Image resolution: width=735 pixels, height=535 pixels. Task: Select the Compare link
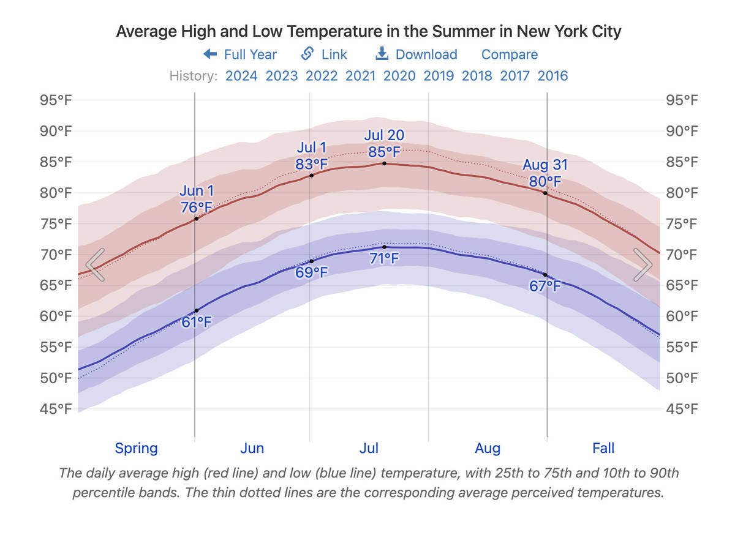(x=510, y=54)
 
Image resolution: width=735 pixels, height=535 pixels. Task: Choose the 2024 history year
(x=241, y=76)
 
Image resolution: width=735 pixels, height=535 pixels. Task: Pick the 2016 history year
(x=552, y=76)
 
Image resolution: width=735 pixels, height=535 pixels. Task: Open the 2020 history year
(x=399, y=76)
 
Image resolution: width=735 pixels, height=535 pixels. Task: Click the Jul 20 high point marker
(x=384, y=163)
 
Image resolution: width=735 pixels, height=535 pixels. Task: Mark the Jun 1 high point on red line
(x=196, y=219)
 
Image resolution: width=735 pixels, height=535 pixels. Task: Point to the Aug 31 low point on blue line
(x=545, y=275)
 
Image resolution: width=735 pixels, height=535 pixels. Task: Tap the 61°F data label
(x=197, y=322)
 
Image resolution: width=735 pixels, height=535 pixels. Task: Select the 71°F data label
(x=384, y=258)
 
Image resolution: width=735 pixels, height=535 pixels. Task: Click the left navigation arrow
(x=96, y=265)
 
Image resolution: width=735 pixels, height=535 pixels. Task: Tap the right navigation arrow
(x=642, y=265)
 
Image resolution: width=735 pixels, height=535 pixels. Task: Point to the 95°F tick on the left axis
(x=56, y=100)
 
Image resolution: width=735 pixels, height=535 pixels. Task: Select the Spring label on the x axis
(x=136, y=448)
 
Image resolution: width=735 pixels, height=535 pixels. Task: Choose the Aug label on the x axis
(x=488, y=448)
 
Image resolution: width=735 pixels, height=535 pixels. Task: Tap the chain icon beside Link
(x=308, y=54)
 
